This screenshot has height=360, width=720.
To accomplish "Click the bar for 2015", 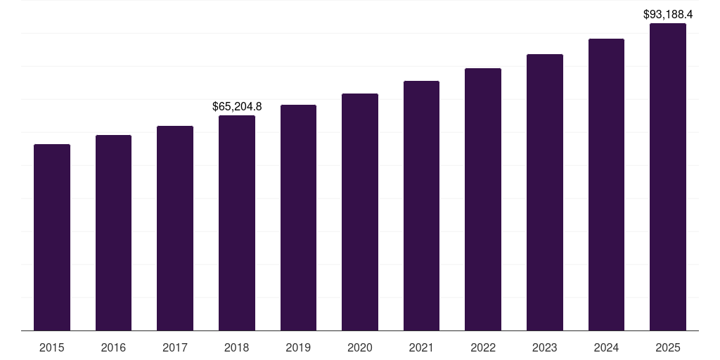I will pos(52,238).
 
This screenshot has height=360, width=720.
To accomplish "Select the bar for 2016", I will pos(113,233).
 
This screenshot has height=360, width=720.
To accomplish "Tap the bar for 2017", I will pos(175,229).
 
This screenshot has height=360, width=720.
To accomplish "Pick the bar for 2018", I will pos(237,223).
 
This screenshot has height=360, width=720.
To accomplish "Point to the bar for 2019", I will pos(298,218).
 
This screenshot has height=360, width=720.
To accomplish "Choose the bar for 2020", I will pos(360,212).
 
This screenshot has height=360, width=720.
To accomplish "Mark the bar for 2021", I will pos(421,206).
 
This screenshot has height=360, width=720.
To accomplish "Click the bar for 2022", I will pos(483,200).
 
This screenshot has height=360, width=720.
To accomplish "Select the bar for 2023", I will pos(545,193).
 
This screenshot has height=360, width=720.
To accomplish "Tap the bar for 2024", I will pos(606,185).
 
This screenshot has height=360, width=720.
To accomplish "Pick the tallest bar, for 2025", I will pos(668,177).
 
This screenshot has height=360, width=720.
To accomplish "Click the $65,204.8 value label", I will pos(237,107).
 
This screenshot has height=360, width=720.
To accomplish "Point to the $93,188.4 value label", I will pos(668,14).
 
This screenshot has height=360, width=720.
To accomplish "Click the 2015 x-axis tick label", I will pos(52,347).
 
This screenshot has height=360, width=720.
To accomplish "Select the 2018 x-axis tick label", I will pos(237,347).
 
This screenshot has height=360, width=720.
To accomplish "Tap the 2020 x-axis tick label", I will pos(360,347).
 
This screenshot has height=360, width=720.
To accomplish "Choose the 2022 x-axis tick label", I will pos(483,347).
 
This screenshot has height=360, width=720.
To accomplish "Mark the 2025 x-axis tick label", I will pos(668,347).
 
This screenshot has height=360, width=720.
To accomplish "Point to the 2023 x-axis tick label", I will pos(545,347).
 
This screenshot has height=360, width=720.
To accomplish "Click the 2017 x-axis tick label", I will pos(175,347).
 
